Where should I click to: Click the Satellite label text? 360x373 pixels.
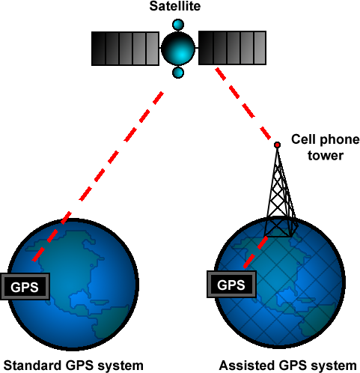point(175,6)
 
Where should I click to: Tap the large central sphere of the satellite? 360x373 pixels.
point(178,49)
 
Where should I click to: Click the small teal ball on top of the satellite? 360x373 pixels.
point(178,25)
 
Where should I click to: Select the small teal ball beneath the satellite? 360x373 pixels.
point(178,73)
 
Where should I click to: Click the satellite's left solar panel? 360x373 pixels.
point(125,49)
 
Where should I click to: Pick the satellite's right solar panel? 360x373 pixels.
point(232,48)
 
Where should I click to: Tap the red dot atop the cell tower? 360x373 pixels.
point(277,145)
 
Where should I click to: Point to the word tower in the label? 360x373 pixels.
point(326,155)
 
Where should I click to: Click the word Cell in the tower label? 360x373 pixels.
point(303,139)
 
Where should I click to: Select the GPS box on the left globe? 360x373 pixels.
point(25,287)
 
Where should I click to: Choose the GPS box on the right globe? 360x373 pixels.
point(231,285)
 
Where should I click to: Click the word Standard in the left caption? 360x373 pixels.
point(33,366)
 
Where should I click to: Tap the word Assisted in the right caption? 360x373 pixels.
point(247,366)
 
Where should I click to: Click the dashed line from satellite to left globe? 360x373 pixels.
point(98,177)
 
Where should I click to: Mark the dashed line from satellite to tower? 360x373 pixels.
point(243,103)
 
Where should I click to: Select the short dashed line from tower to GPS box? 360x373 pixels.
point(255,252)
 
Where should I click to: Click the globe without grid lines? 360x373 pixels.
point(73,284)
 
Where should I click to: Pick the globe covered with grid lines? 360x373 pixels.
point(280,282)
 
